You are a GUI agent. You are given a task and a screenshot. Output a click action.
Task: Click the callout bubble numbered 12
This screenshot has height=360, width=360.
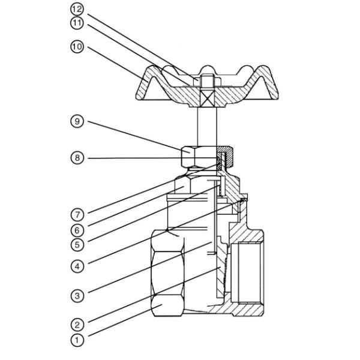77,10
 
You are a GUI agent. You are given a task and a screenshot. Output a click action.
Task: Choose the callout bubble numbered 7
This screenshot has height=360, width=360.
77,214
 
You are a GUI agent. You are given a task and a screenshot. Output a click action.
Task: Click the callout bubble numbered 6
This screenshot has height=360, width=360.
77,229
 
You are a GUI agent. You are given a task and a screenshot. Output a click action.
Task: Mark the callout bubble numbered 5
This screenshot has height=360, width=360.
77,244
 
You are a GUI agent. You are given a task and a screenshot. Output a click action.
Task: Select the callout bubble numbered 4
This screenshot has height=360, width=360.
77,263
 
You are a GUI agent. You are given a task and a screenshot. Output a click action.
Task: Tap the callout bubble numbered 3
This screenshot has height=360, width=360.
77,295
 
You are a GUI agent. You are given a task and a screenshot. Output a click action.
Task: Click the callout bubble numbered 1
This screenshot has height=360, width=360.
77,340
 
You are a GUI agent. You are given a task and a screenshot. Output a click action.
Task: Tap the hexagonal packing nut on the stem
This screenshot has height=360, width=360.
196,157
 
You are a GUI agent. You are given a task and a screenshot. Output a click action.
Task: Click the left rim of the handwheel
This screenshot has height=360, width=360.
144,90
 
